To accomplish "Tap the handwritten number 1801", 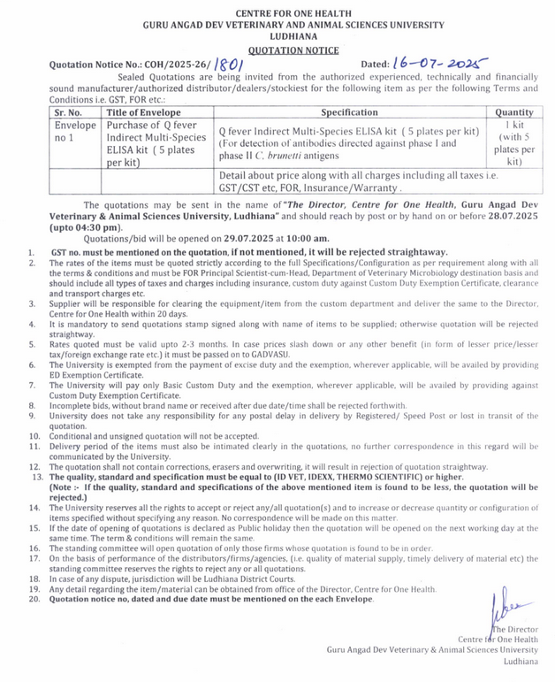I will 229,65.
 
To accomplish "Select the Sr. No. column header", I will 68,112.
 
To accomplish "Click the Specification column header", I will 349,112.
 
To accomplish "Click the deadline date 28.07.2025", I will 506,217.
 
